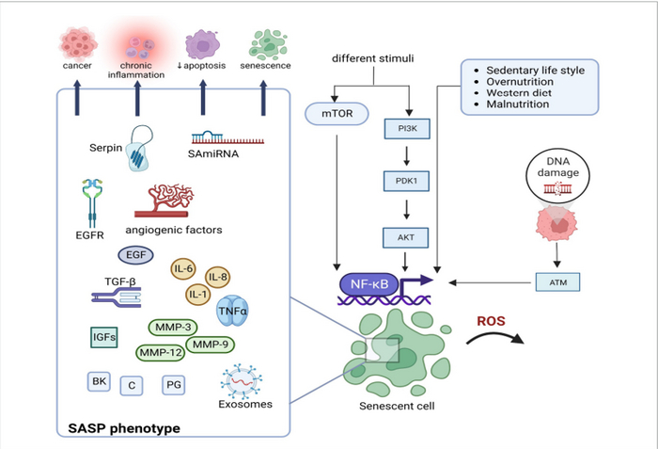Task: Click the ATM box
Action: point(556,281)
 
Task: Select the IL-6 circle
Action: point(186,272)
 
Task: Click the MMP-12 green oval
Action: point(160,353)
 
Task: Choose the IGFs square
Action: point(102,335)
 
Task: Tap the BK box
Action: point(98,381)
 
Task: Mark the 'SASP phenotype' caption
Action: point(123,428)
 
